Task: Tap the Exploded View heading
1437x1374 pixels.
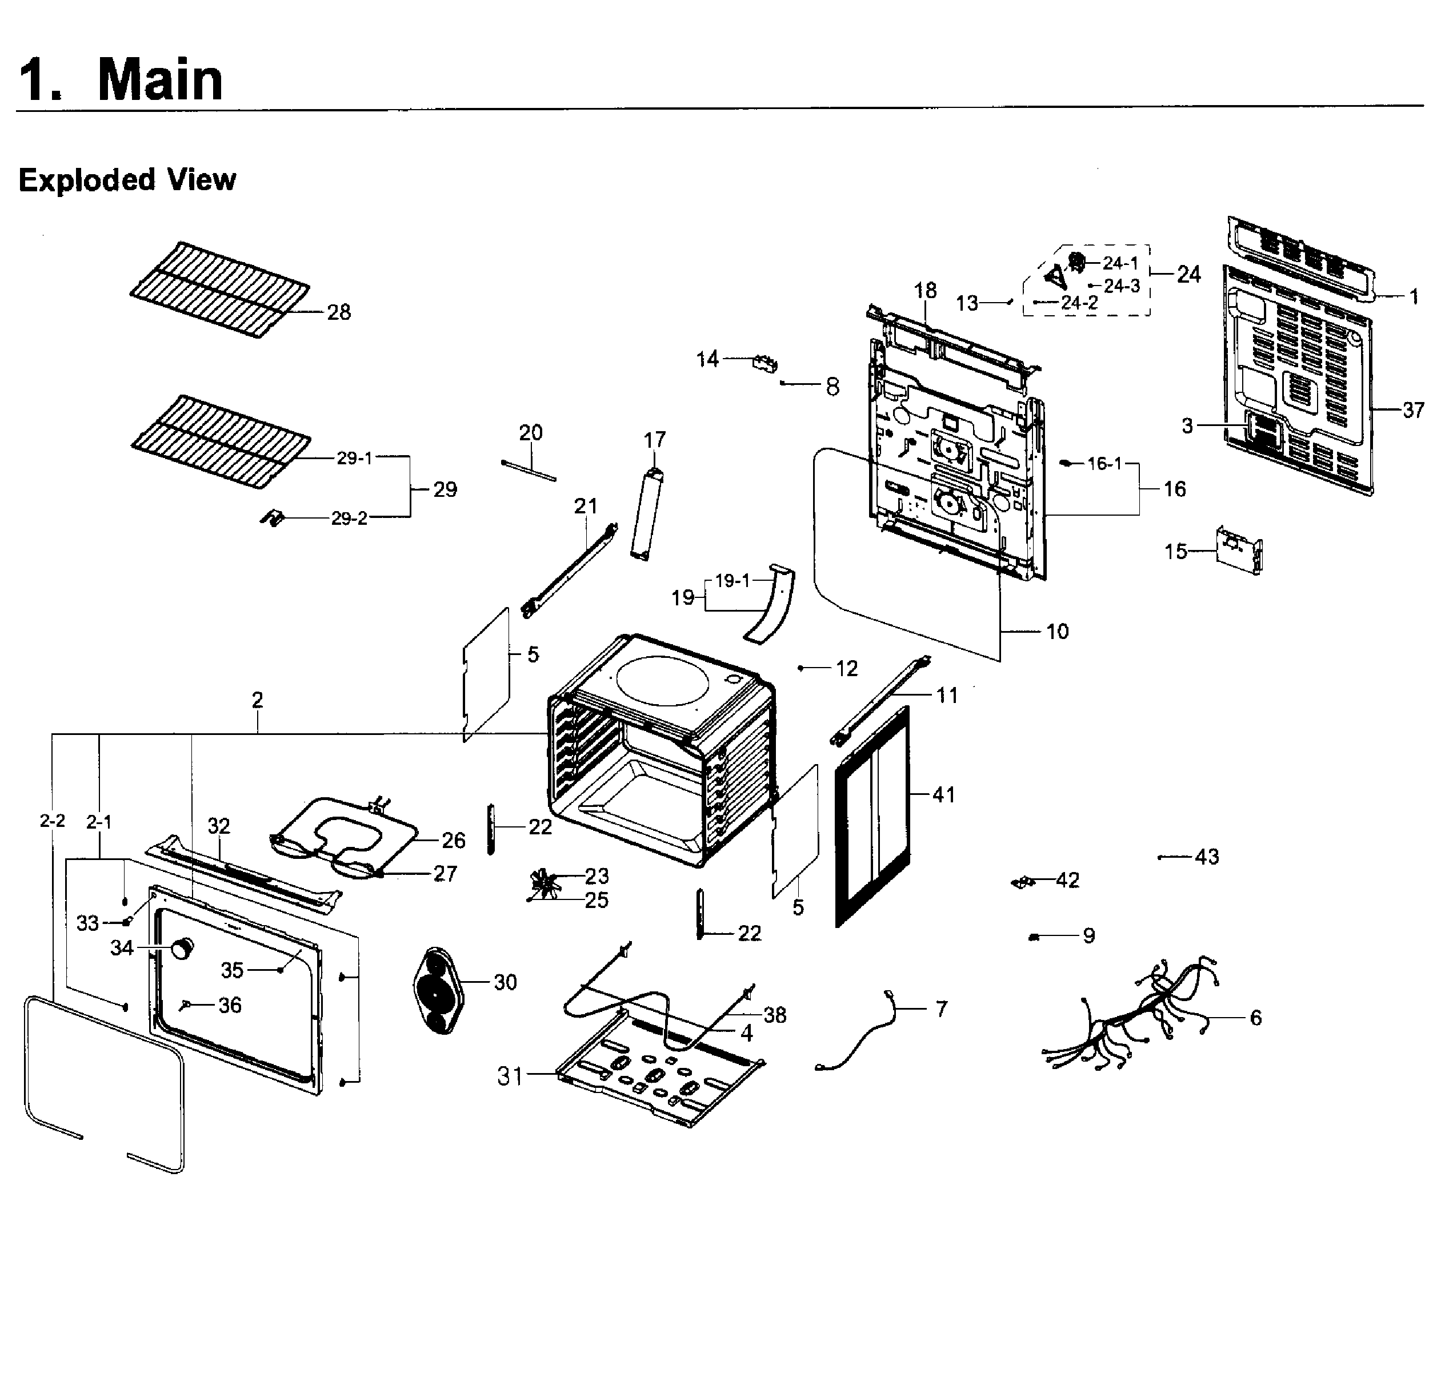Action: (127, 180)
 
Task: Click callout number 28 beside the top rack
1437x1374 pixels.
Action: (339, 313)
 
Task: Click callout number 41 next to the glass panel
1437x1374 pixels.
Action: (943, 795)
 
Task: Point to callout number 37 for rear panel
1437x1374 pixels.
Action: (1414, 410)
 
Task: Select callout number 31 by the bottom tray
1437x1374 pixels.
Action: (510, 1076)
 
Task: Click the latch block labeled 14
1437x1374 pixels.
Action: (764, 363)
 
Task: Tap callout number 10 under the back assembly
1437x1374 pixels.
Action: (1056, 632)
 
